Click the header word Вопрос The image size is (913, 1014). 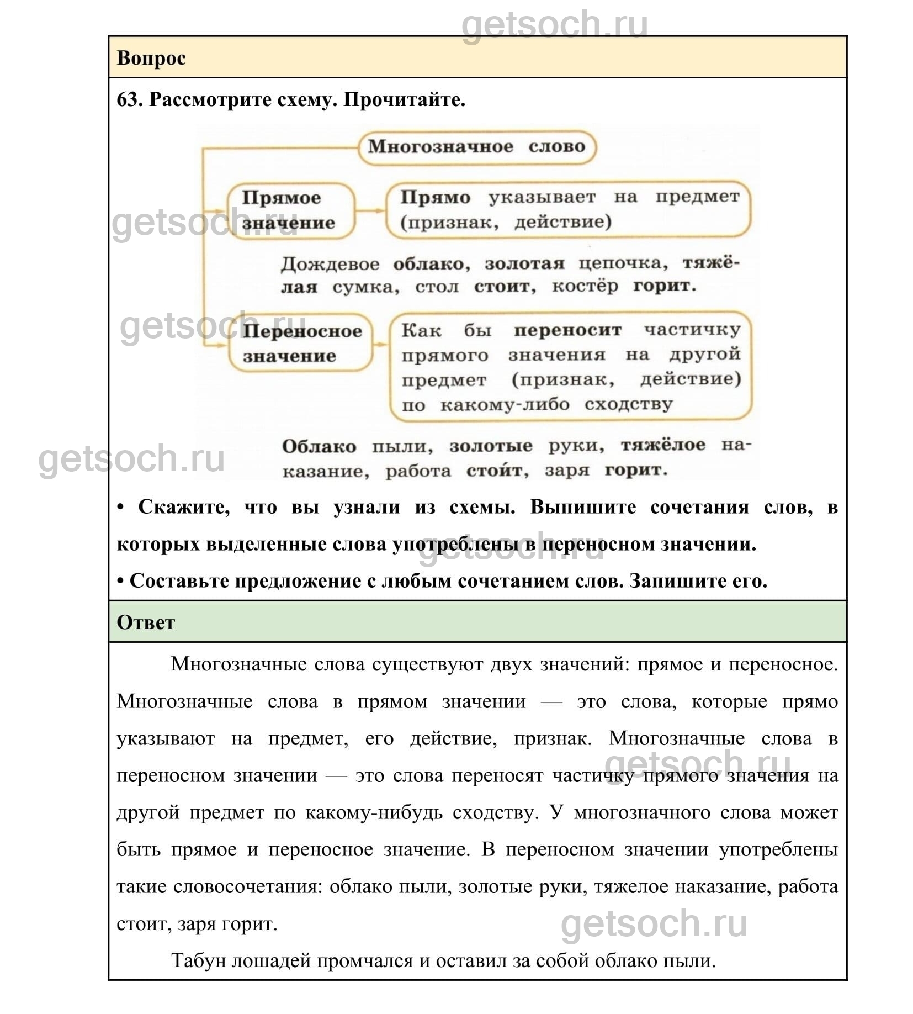pos(151,58)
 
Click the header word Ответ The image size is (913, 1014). pos(146,622)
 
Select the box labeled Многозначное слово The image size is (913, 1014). pos(476,147)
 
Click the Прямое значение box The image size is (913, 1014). pos(289,210)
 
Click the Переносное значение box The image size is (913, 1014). pos(301,343)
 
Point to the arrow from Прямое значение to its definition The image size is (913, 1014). pos(370,210)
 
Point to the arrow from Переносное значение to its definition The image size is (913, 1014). pos(381,344)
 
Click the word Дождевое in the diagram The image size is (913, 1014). pos(330,264)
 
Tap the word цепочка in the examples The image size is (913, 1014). pos(623,263)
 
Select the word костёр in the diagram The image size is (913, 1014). pos(585,286)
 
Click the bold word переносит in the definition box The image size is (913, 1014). pos(567,330)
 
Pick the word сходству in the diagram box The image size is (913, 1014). pos(628,404)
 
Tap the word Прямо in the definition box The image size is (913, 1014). pos(435,197)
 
